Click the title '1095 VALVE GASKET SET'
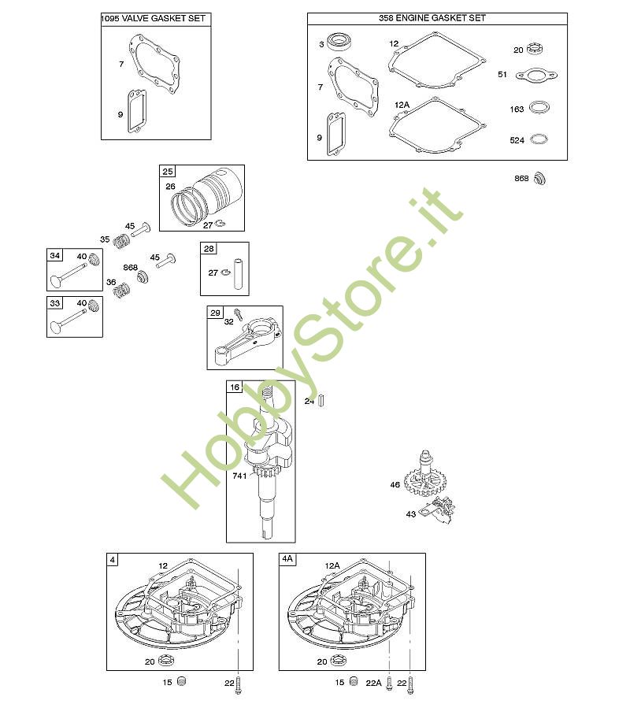pos(153,18)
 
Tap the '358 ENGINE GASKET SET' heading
pos(432,18)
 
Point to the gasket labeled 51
pos(536,75)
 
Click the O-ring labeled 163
pos(539,108)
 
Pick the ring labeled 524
pos(539,139)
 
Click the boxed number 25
pos(168,171)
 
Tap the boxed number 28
pos(209,249)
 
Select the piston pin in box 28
pos(239,274)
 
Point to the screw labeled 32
pos(239,313)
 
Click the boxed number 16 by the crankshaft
pos(235,387)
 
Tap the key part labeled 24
pos(321,401)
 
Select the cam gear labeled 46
pos(424,475)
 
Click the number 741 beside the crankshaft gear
pos(239,476)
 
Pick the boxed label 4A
pos(287,559)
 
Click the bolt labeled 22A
pos(389,684)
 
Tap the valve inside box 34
pos(69,275)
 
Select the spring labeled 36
pos(121,291)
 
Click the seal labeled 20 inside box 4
pos(166,661)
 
